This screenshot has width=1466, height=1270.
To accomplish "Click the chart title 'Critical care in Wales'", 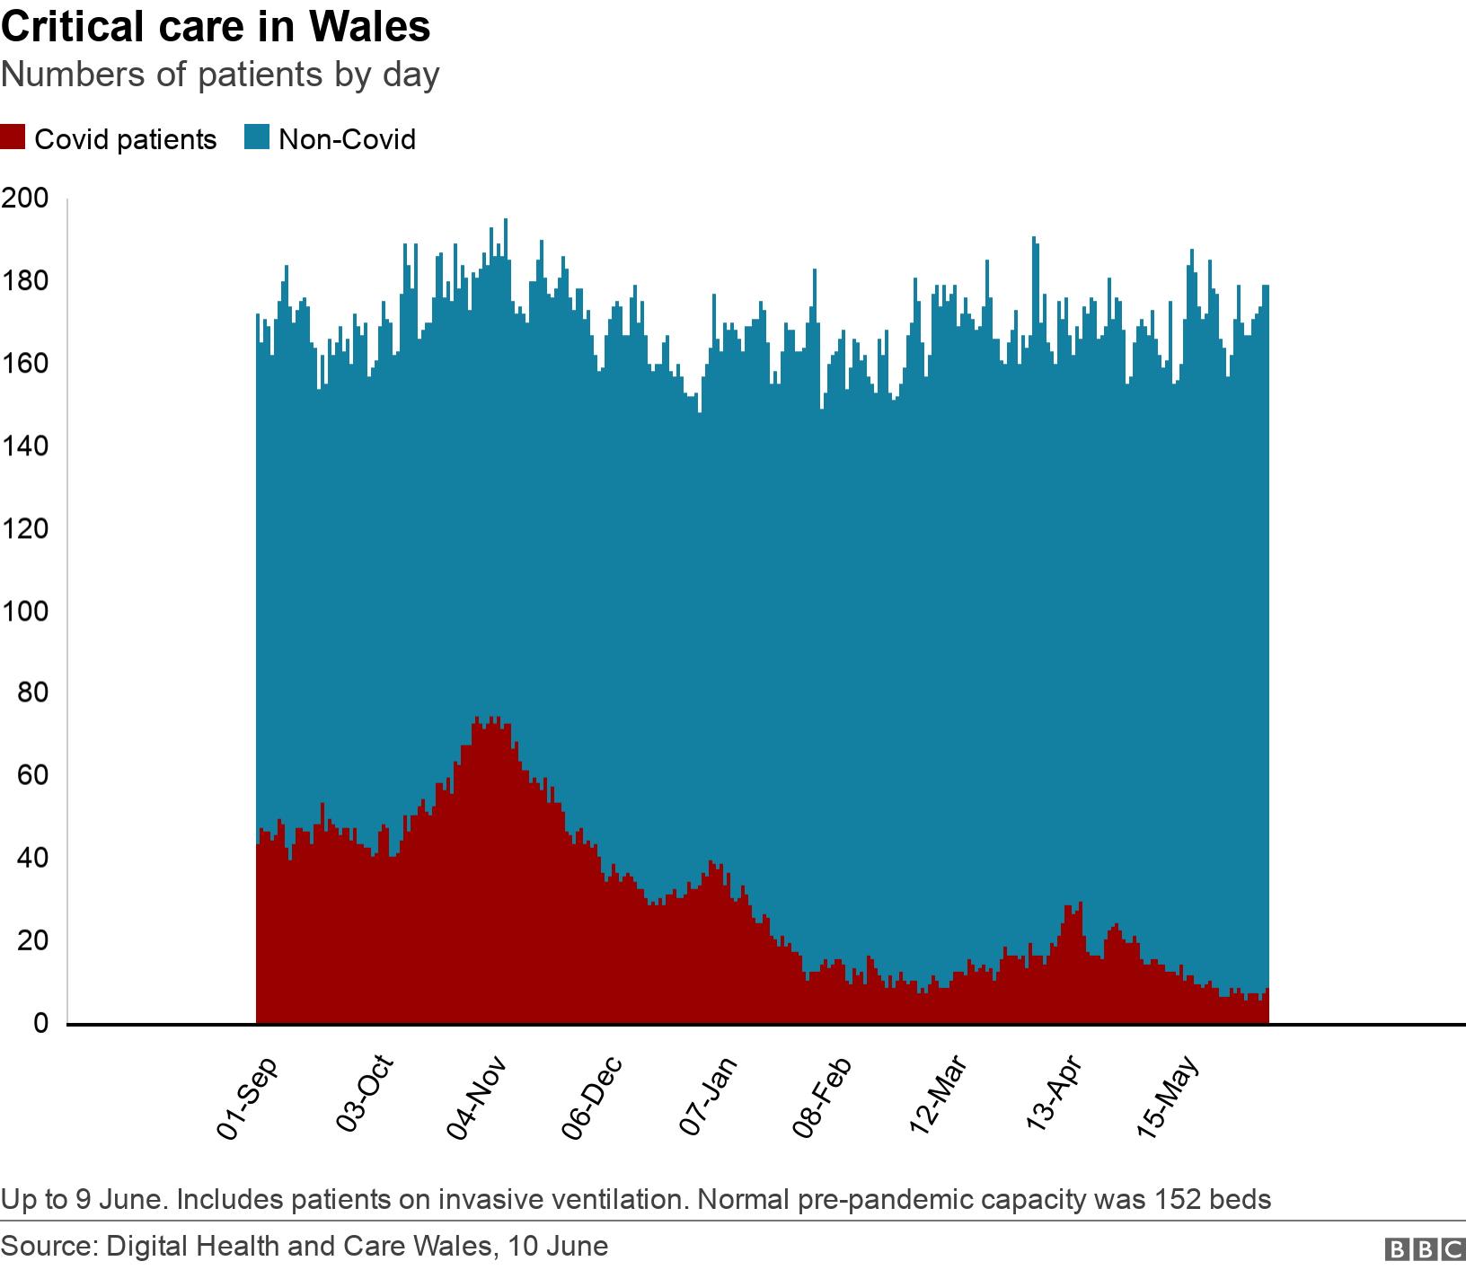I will [216, 27].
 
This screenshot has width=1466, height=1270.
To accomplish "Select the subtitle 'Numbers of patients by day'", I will [220, 74].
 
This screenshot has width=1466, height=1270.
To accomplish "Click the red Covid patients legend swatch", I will [14, 139].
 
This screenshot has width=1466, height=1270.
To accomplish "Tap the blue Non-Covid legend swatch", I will [258, 139].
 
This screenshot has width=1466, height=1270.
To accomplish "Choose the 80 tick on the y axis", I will [31, 693].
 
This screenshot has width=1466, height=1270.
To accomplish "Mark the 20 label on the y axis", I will [31, 941].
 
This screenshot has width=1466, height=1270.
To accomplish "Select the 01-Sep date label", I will [248, 1098].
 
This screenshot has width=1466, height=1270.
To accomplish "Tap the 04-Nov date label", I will [479, 1098].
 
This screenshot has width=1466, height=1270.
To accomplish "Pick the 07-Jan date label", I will [710, 1098].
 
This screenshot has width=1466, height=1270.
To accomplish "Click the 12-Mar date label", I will [939, 1098].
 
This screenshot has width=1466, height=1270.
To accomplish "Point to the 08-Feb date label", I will [824, 1098].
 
